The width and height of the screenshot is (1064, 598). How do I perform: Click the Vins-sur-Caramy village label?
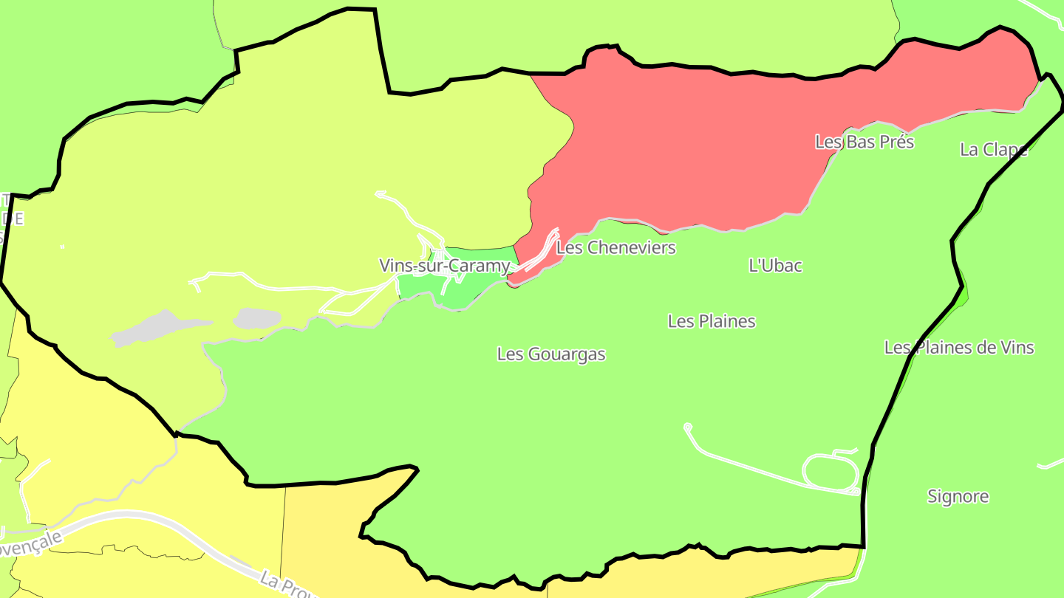tap(444, 266)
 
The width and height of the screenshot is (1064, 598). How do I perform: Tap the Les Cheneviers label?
tap(615, 247)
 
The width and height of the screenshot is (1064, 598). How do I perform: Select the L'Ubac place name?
tap(775, 266)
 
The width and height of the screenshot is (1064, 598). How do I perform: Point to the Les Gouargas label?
tap(551, 354)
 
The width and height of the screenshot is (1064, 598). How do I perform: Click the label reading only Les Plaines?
tap(712, 321)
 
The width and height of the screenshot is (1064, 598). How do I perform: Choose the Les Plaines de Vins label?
tap(959, 347)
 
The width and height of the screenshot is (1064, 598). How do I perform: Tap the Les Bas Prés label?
tap(864, 142)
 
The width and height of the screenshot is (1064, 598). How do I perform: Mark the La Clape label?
tap(993, 150)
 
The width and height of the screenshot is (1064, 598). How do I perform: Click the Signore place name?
tap(958, 496)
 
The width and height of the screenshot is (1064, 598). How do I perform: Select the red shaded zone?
tap(702, 148)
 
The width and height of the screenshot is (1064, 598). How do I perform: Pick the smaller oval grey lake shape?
tap(257, 318)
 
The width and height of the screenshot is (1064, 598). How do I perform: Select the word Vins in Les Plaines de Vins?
tap(1017, 347)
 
